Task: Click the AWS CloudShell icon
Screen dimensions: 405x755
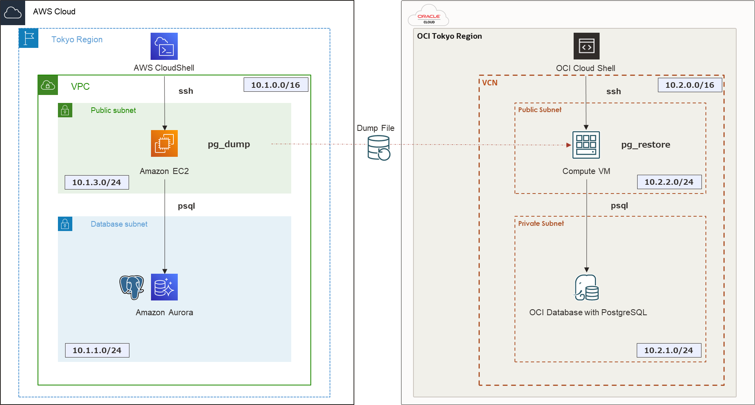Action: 164,46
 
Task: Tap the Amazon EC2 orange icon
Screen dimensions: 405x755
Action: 164,143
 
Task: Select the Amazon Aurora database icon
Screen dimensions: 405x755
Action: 164,287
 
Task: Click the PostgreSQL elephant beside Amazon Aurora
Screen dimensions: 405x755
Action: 132,287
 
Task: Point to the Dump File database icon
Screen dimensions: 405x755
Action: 379,148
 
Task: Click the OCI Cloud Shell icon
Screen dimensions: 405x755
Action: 586,46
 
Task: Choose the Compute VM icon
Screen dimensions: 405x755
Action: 586,145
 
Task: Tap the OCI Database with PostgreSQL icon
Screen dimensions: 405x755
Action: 586,288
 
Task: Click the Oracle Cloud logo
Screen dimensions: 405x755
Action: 429,16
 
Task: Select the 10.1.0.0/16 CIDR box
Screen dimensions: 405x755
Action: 276,85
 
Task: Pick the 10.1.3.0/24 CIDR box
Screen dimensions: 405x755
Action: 97,182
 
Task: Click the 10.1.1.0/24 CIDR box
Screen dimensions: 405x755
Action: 97,350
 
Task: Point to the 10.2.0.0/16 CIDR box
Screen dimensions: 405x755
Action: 690,85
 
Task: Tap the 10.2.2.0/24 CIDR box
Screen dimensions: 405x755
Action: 669,182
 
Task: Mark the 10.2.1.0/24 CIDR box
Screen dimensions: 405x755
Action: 669,350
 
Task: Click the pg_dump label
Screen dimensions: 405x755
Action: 229,144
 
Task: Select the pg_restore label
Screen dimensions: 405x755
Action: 646,144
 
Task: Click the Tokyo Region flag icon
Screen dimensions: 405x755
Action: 29,38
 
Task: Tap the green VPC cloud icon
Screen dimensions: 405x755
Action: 48,85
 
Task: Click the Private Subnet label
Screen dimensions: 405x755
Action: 541,223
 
